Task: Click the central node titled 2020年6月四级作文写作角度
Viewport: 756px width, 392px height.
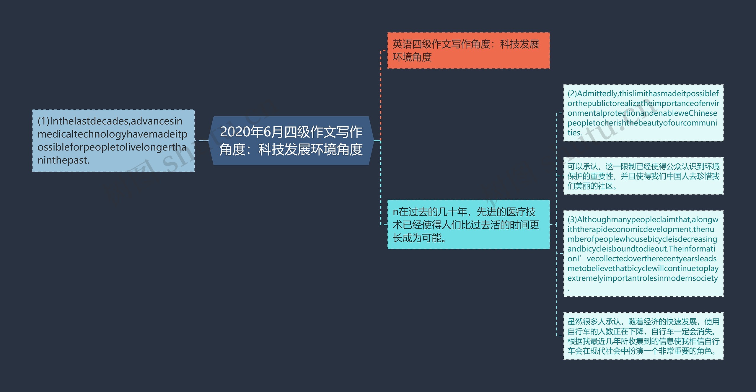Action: point(291,141)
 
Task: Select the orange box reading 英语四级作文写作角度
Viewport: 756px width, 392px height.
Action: point(468,50)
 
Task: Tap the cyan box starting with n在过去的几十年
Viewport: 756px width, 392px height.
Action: point(468,224)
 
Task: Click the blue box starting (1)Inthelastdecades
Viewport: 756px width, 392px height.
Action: point(113,141)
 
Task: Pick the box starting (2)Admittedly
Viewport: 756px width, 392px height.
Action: point(643,113)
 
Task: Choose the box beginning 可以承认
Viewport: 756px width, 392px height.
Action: point(643,176)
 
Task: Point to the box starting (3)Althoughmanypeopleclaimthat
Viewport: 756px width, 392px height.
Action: point(643,253)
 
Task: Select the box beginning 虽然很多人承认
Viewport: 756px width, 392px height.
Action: point(643,336)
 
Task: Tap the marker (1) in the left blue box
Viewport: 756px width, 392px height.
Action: point(44,121)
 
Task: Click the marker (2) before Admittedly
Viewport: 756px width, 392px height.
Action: point(572,94)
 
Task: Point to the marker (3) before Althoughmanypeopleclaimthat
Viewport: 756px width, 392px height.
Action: point(572,220)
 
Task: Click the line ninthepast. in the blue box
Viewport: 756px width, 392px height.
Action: point(63,160)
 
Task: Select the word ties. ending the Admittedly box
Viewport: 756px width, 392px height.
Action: point(575,133)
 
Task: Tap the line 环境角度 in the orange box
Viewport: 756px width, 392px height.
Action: point(412,57)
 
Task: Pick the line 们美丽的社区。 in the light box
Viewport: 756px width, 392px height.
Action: point(592,186)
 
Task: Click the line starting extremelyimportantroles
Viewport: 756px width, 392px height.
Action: point(643,278)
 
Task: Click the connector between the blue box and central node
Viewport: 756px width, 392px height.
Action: point(203,141)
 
